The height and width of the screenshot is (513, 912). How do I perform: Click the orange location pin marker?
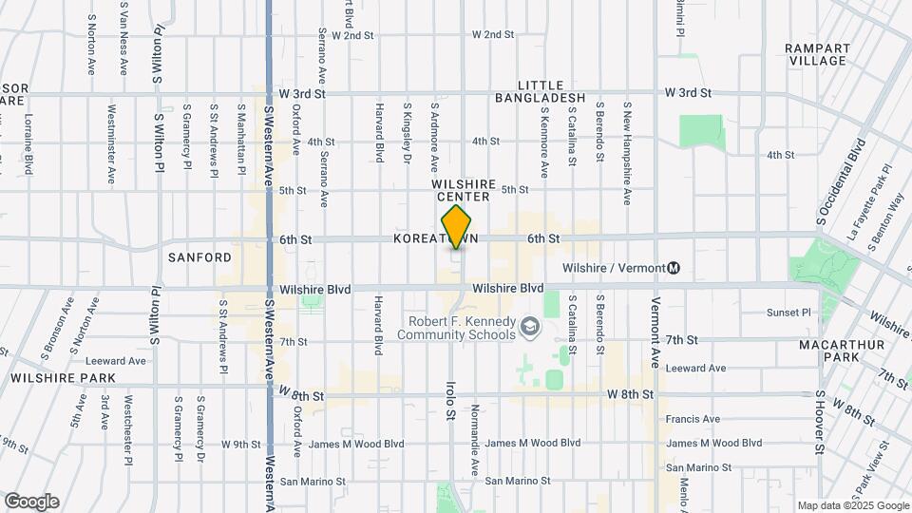pos(457,227)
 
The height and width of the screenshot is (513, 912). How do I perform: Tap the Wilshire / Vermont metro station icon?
pos(674,268)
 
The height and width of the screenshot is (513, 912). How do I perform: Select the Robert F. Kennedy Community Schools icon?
pos(530,329)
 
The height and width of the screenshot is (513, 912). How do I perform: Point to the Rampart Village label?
pos(816,54)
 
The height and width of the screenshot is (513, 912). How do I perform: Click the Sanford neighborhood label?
pos(199,257)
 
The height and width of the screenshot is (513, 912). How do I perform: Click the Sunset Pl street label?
pos(789,312)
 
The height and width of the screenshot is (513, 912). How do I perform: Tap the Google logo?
pos(31,502)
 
